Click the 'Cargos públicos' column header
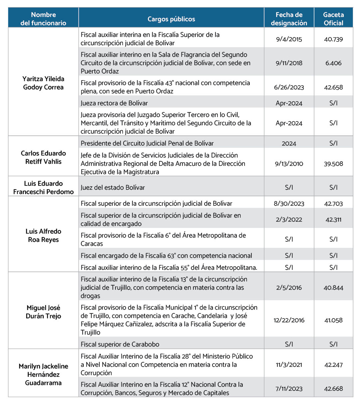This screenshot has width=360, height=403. click(171, 19)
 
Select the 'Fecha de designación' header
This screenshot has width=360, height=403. click(289, 19)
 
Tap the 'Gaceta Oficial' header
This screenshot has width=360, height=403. click(333, 19)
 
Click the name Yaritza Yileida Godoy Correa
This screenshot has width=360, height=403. click(43, 83)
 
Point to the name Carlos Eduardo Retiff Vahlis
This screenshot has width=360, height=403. click(43, 157)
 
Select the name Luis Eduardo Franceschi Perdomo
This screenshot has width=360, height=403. click(43, 188)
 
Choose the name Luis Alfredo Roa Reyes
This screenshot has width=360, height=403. click(43, 236)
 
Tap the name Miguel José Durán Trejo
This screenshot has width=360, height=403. click(43, 312)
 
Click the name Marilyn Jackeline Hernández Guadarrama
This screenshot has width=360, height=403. click(43, 374)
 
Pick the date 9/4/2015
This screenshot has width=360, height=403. click(289, 39)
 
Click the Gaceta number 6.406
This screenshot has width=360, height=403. click(333, 63)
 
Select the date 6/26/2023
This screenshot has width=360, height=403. click(289, 87)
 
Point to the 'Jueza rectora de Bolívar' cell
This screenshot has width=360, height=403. click(114, 103)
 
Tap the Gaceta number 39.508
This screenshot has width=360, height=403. click(333, 164)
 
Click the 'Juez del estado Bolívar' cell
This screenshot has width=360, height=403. click(113, 188)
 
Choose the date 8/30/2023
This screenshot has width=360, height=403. click(289, 204)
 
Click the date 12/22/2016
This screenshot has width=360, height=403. click(289, 320)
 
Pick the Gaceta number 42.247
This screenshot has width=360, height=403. click(333, 365)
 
